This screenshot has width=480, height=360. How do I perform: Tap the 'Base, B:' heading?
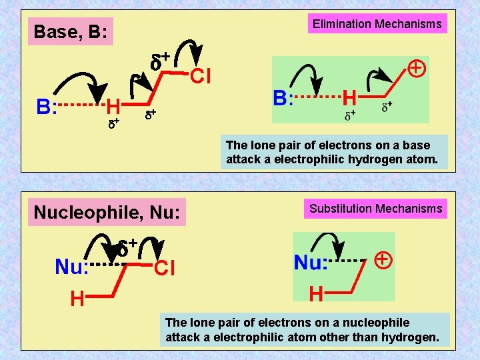point(71,31)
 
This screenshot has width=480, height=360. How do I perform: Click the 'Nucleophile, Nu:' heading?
point(107,213)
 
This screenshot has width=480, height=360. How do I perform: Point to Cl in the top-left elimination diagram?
point(201,77)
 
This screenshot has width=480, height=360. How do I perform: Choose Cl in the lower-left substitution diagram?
point(164,269)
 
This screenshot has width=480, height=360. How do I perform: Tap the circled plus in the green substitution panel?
point(383,259)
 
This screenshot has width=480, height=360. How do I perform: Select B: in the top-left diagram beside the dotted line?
point(46,107)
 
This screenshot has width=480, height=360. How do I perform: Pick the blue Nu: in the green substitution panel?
point(311,263)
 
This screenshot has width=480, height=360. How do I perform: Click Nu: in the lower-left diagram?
point(72,267)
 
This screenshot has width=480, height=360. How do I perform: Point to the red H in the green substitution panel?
point(317,293)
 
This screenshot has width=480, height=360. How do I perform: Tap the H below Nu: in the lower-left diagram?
point(78,300)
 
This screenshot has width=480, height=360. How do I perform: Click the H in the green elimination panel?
point(349,99)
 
